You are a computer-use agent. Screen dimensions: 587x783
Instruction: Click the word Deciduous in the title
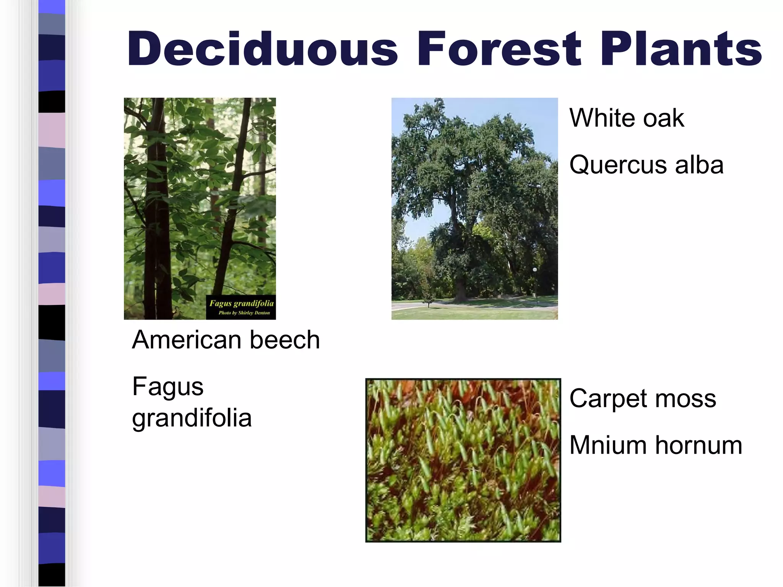pos(262,49)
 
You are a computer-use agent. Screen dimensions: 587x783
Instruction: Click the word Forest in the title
pos(499,49)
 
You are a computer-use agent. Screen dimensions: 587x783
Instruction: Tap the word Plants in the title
pos(681,49)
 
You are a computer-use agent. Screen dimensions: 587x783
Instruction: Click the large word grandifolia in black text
pos(192,418)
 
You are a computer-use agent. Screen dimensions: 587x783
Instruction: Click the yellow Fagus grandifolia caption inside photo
pos(241,303)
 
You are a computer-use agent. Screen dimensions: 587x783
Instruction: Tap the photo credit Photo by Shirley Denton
pos(244,313)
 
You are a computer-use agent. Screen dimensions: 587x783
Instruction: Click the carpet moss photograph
pos(463,460)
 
